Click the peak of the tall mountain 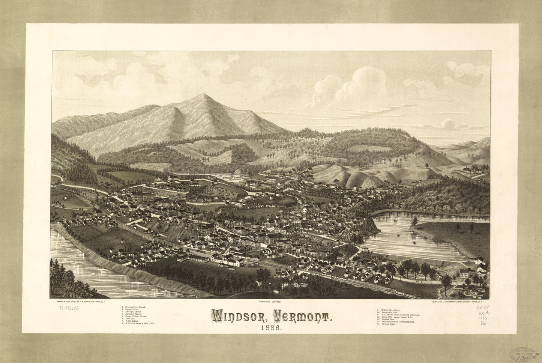[203, 94]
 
